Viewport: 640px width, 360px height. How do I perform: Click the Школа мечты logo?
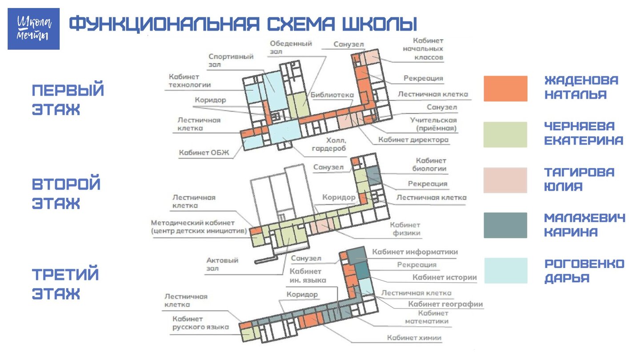33,28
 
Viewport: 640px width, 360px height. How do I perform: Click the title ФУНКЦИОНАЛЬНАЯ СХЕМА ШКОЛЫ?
243,24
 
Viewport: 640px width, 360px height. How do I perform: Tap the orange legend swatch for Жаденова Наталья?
505,88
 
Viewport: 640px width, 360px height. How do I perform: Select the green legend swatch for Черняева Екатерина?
505,135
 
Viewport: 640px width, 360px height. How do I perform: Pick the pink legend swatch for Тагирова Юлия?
505,180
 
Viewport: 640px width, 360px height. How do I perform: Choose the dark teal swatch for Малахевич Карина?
505,225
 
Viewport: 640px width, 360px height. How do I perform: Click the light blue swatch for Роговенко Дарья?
506,271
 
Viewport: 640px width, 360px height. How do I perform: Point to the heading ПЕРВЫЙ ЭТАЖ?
68,100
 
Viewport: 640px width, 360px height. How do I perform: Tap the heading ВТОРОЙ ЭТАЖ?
66,193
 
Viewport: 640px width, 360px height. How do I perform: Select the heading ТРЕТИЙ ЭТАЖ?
65,284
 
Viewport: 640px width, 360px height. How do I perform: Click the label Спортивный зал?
231,60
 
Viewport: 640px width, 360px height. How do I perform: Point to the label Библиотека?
332,95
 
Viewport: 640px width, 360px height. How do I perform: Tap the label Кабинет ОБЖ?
204,152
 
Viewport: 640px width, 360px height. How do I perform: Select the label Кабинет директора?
413,140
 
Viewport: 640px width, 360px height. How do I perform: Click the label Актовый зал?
222,264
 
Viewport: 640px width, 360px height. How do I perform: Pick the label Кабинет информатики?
415,252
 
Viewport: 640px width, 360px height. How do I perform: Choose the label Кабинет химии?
414,338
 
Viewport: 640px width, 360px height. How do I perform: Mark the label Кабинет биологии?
429,164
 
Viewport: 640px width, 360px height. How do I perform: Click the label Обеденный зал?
291,48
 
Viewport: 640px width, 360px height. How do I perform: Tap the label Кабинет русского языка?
200,323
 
